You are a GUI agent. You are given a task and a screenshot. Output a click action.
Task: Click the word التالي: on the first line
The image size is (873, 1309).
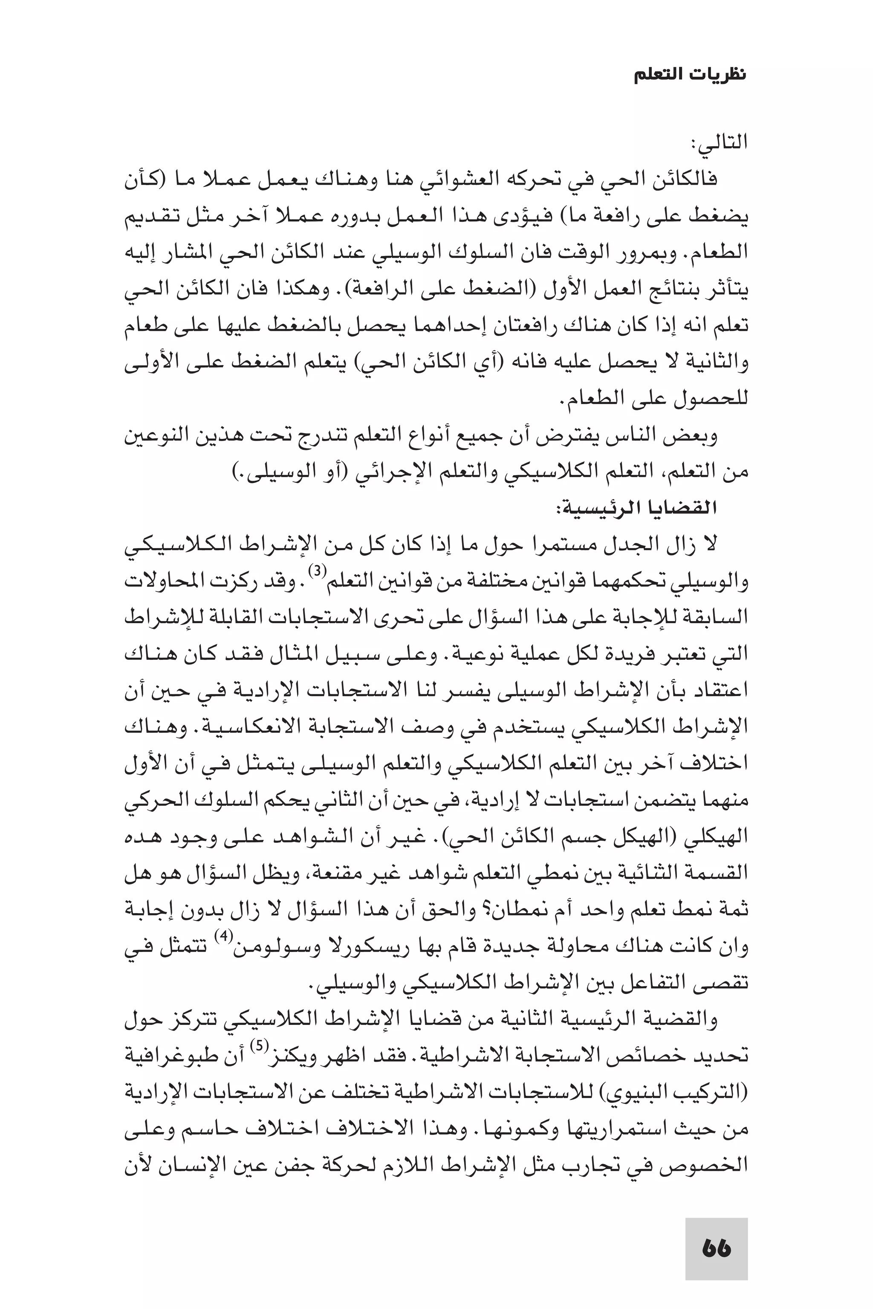point(719,143)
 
